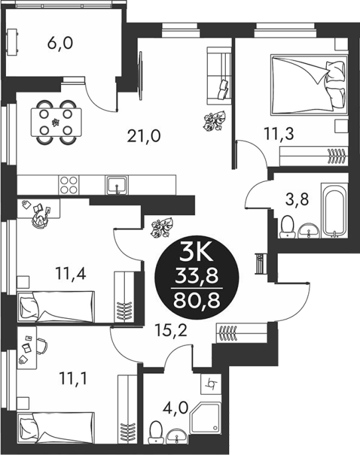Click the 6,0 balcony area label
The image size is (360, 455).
click(x=60, y=44)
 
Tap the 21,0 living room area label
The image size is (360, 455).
click(x=144, y=136)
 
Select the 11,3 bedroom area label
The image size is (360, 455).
click(x=279, y=134)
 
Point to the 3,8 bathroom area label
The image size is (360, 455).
click(x=297, y=200)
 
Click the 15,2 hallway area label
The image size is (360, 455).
click(x=171, y=331)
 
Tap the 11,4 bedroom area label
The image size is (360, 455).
click(x=70, y=274)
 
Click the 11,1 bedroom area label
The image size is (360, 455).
click(x=72, y=379)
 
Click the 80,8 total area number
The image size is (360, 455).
click(x=197, y=300)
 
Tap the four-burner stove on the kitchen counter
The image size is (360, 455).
click(x=69, y=185)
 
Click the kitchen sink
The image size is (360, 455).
click(x=117, y=185)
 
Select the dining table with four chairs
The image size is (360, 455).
click(x=56, y=122)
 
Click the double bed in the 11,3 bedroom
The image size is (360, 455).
click(x=309, y=84)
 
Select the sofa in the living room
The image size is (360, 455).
click(x=219, y=76)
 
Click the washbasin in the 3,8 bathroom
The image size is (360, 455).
click(x=308, y=230)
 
